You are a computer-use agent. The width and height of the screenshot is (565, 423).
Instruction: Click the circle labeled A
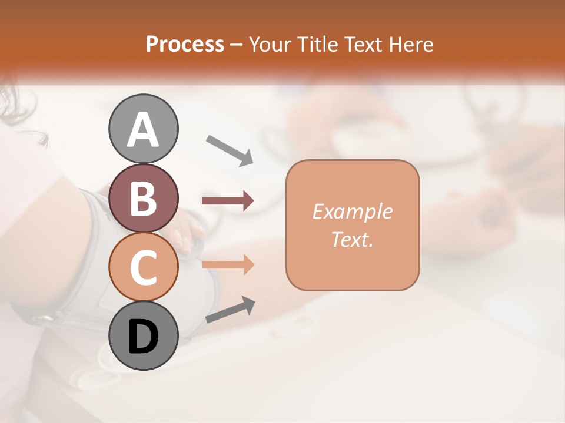tap(143, 129)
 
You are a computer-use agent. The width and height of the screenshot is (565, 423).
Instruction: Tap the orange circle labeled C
tap(143, 267)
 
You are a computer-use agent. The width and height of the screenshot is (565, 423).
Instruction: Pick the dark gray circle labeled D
tap(143, 335)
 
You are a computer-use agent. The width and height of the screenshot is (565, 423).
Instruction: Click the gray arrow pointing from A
tap(229, 150)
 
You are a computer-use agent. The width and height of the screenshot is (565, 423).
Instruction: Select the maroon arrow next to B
tap(228, 201)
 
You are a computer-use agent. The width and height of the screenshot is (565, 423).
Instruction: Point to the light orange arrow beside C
tap(228, 264)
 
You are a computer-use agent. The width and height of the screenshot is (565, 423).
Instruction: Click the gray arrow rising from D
tap(230, 310)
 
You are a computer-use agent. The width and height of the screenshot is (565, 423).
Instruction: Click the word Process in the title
tap(185, 44)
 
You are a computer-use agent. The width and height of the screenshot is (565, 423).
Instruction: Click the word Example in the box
tap(352, 211)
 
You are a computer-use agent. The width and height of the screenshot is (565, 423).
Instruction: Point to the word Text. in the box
tap(352, 239)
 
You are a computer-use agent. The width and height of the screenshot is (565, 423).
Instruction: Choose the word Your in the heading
tap(268, 44)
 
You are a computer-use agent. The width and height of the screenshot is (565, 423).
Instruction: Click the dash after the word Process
tap(236, 45)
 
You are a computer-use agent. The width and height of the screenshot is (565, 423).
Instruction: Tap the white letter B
tap(143, 198)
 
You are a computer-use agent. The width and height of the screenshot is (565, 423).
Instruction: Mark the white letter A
tap(143, 129)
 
